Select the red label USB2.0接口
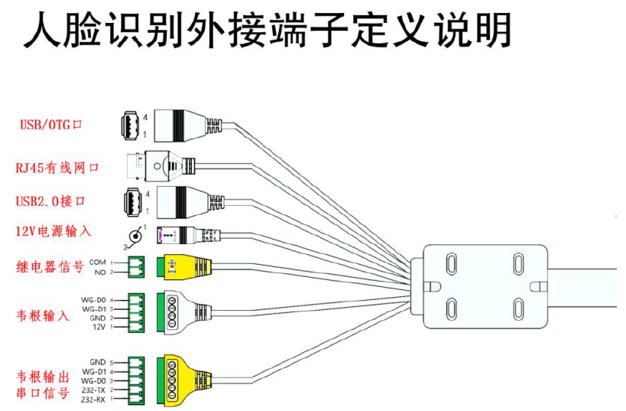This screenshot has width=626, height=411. tap(50, 201)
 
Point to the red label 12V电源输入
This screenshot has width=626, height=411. tap(54, 230)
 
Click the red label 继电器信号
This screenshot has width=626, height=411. tap(50, 267)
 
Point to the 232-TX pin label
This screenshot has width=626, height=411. tap(93, 390)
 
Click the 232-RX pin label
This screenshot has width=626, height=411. tap(93, 400)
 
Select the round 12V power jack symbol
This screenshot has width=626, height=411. tap(135, 236)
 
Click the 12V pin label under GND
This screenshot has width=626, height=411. tap(98, 328)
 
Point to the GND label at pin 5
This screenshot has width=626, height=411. tap(97, 361)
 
